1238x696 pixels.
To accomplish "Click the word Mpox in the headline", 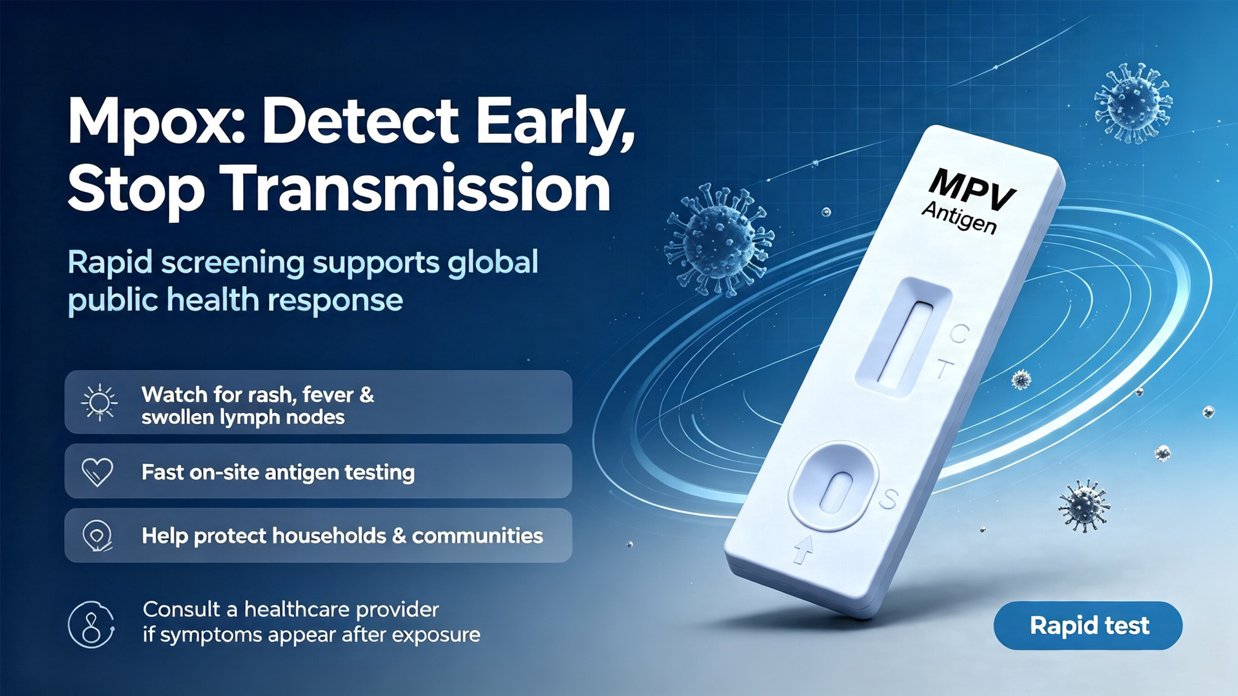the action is pyautogui.click(x=155, y=122).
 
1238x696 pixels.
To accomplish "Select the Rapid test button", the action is pyautogui.click(x=1088, y=625).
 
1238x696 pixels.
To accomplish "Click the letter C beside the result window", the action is pyautogui.click(x=959, y=334).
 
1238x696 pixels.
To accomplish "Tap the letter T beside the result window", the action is pyautogui.click(x=944, y=369).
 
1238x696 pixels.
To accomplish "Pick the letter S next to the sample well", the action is pyautogui.click(x=888, y=499).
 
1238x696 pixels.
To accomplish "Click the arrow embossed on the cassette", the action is pyautogui.click(x=803, y=549).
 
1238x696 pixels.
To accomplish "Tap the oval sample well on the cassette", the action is pyautogui.click(x=833, y=487).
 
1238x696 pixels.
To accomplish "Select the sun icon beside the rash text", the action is pyautogui.click(x=99, y=403).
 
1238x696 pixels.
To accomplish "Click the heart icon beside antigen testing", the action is pyautogui.click(x=97, y=472).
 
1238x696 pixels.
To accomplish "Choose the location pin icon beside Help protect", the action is pyautogui.click(x=97, y=536).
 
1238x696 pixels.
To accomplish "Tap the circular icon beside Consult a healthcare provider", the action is pyautogui.click(x=92, y=624).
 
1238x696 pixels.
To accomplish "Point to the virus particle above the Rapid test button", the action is pyautogui.click(x=1084, y=505).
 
